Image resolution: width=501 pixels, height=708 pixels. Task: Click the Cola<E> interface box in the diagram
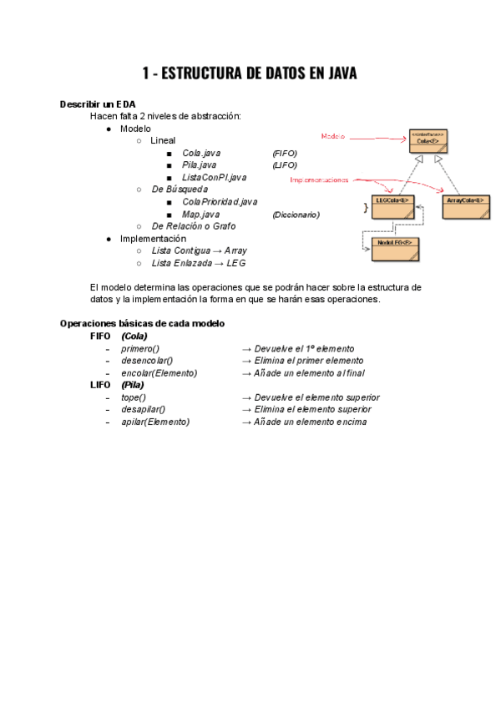(x=428, y=141)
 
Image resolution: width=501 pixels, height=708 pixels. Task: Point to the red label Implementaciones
(x=319, y=180)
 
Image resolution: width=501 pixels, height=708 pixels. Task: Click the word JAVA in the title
(x=333, y=73)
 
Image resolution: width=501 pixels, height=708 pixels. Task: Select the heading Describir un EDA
(x=99, y=104)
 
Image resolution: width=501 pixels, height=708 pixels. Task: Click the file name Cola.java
(x=202, y=154)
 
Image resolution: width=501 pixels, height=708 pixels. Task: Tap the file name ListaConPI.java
(x=215, y=178)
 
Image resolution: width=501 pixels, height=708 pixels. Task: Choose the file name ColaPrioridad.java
(x=220, y=202)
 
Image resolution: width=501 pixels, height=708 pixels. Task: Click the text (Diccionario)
(x=296, y=215)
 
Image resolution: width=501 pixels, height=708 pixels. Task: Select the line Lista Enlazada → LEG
(x=199, y=263)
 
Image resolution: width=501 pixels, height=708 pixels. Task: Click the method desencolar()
(x=147, y=361)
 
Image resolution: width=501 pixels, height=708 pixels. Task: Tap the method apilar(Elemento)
(x=155, y=422)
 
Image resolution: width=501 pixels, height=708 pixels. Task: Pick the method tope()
(x=134, y=397)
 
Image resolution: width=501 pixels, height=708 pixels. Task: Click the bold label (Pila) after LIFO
(x=133, y=385)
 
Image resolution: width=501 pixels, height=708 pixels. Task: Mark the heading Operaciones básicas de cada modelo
(x=142, y=323)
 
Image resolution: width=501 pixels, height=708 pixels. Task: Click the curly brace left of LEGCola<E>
(x=365, y=205)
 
